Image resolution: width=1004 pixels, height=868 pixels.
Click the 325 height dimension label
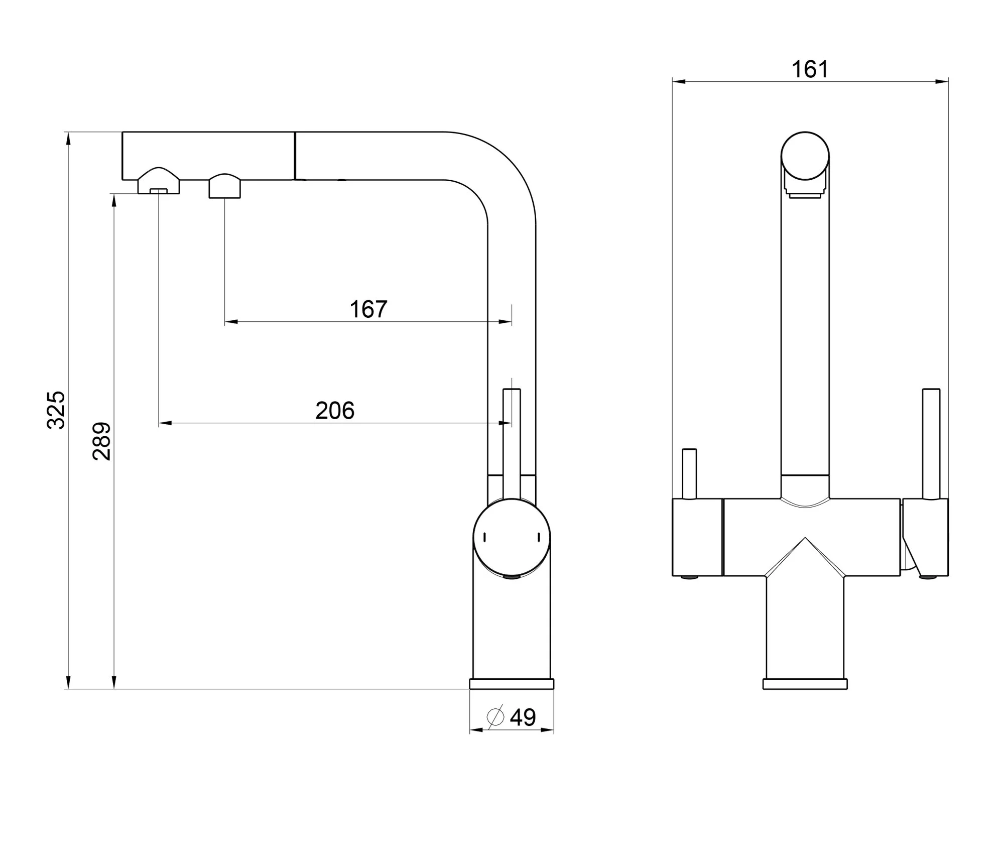tap(56, 410)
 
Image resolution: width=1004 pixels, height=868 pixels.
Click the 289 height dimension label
tap(102, 441)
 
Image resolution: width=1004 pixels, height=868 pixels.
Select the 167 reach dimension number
tap(368, 309)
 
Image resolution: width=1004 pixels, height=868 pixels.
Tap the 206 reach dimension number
tap(335, 411)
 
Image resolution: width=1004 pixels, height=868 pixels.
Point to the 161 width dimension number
tap(810, 69)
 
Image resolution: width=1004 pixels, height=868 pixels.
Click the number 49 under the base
tap(523, 717)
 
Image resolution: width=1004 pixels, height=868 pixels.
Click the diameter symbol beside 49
tap(495, 717)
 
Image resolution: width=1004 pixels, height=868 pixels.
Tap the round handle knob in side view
tap(512, 538)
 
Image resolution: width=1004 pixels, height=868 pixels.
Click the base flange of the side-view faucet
tap(512, 683)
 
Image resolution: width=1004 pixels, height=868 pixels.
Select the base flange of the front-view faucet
tap(805, 683)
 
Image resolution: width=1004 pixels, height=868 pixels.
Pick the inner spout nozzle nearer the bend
tap(225, 186)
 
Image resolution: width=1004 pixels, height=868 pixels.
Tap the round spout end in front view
tap(805, 156)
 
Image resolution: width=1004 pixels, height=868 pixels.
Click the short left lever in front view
tap(689, 474)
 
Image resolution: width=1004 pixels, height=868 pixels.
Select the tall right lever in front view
tap(931, 444)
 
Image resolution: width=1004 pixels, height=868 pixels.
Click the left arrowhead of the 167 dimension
tap(231, 322)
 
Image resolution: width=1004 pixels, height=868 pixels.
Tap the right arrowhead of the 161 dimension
tap(941, 81)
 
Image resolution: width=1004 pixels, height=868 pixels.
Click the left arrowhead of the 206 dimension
tap(166, 423)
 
